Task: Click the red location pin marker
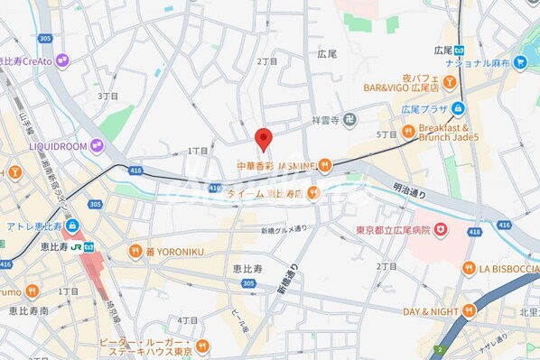point(263,139)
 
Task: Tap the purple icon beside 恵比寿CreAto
point(61,60)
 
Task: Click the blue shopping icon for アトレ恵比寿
point(71,226)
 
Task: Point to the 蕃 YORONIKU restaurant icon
point(135,251)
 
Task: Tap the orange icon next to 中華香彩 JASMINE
point(324,165)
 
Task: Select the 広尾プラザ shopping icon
point(459,109)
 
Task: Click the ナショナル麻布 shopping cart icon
point(520,63)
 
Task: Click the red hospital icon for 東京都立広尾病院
point(440,232)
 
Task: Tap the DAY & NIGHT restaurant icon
point(469,311)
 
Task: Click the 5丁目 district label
point(386,134)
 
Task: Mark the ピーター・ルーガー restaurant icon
point(203,345)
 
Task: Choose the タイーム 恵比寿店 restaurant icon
point(312,192)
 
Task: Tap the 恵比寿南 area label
point(29,310)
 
